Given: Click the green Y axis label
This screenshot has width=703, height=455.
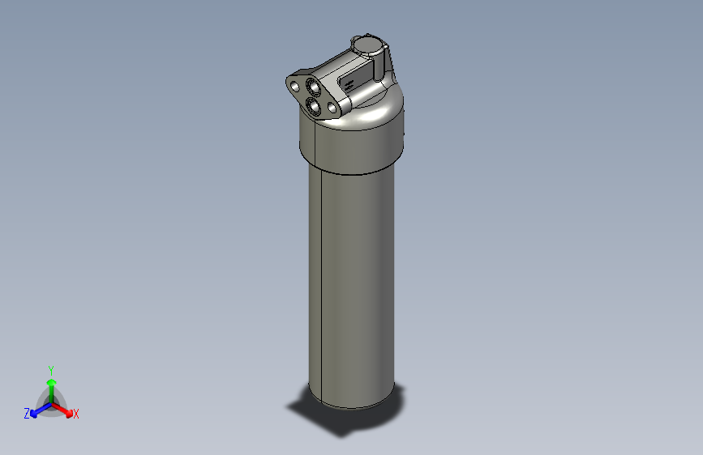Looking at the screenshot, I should pyautogui.click(x=50, y=369).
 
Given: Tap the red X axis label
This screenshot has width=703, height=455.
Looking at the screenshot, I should pyautogui.click(x=76, y=415).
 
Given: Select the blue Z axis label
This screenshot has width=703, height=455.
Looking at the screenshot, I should pyautogui.click(x=27, y=414).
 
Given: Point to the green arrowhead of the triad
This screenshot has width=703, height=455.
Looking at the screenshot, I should pyautogui.click(x=50, y=381).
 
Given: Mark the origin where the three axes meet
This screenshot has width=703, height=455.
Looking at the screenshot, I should pyautogui.click(x=51, y=402).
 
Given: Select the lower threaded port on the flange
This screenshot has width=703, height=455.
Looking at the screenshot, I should pyautogui.click(x=314, y=107).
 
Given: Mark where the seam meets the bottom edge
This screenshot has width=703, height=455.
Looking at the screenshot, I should pyautogui.click(x=322, y=402).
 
